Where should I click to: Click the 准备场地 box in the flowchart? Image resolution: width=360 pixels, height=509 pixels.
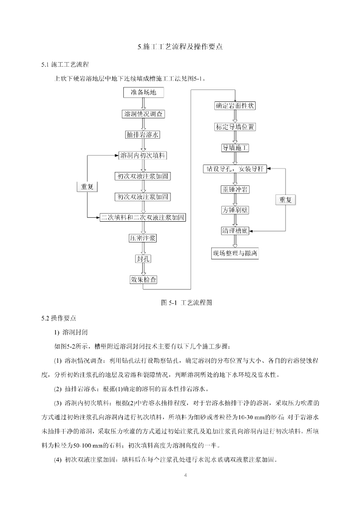(143, 93)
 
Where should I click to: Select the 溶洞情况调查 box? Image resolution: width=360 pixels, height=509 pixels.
(143, 114)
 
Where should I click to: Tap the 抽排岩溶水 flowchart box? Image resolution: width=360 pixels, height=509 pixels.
(143, 135)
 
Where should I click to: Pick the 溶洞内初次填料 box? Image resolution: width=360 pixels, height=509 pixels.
(143, 156)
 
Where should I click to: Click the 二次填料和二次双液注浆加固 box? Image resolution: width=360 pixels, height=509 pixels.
(143, 217)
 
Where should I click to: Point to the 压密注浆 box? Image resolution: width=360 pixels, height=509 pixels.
(143, 238)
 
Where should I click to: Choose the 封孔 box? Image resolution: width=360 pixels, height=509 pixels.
(143, 259)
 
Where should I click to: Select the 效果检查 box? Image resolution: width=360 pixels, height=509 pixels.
(143, 279)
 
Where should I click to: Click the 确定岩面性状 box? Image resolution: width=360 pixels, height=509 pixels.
(235, 106)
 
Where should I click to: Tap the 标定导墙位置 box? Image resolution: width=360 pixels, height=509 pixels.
(235, 127)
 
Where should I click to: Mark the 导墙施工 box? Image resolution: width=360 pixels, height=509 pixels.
(235, 148)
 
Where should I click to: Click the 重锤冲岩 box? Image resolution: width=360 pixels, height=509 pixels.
(235, 189)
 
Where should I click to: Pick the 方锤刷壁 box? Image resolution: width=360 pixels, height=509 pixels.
(235, 210)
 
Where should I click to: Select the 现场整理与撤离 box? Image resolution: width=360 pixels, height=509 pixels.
(235, 254)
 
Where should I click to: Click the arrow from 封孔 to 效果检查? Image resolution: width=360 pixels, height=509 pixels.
(143, 269)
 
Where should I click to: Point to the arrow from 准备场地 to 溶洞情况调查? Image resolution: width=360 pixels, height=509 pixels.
(143, 103)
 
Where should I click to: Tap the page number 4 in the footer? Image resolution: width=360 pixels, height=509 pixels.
(185, 475)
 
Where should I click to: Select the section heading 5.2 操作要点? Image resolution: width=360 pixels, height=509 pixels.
(59, 317)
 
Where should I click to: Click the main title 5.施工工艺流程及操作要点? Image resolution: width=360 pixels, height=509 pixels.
(180, 47)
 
